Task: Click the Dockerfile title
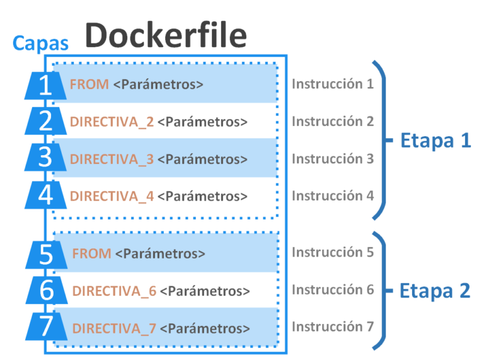point(166,35)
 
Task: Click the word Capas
point(40,44)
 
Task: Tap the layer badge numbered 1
point(45,85)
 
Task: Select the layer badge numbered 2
point(45,121)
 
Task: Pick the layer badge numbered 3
point(45,158)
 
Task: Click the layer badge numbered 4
point(45,195)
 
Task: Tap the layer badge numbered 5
point(45,254)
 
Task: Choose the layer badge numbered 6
point(45,291)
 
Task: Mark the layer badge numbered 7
point(45,328)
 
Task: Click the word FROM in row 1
point(89,84)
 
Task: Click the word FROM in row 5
point(92,254)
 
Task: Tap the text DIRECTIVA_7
point(114,329)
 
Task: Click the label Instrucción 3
point(332,159)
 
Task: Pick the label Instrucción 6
point(332,290)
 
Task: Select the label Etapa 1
point(435,140)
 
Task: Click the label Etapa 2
point(435,291)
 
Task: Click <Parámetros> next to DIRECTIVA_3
point(202,160)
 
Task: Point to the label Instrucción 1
point(332,84)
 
